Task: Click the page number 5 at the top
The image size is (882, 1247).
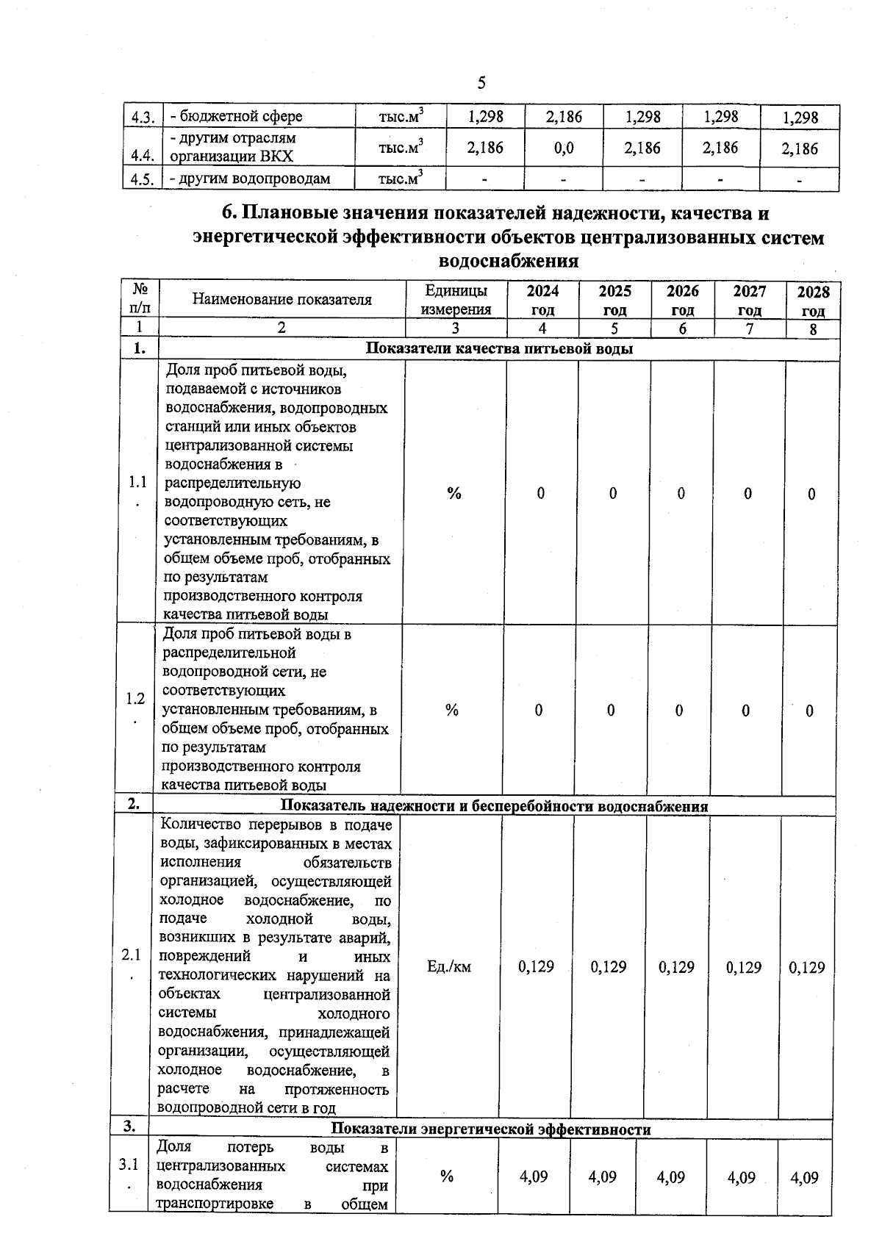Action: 481,82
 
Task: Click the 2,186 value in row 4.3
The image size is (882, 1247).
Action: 564,116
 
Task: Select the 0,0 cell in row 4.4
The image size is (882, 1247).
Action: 564,148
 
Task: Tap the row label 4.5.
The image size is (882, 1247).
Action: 141,179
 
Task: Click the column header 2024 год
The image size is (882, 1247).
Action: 542,300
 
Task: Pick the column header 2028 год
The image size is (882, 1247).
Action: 813,301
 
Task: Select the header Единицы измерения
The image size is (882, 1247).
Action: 456,300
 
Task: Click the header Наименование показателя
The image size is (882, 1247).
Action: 282,299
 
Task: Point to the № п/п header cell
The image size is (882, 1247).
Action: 140,300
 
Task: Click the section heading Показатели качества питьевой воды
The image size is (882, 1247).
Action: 499,349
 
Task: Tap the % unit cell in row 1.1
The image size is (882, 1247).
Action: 454,493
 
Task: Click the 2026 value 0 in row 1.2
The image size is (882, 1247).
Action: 679,710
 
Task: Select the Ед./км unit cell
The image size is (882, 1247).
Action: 448,966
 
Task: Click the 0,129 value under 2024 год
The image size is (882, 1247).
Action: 536,966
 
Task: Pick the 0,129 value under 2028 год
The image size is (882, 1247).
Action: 806,967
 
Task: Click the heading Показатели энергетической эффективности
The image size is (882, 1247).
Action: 491,1129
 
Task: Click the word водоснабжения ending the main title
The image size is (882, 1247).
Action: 508,261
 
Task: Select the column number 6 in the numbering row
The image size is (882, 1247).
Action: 682,328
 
